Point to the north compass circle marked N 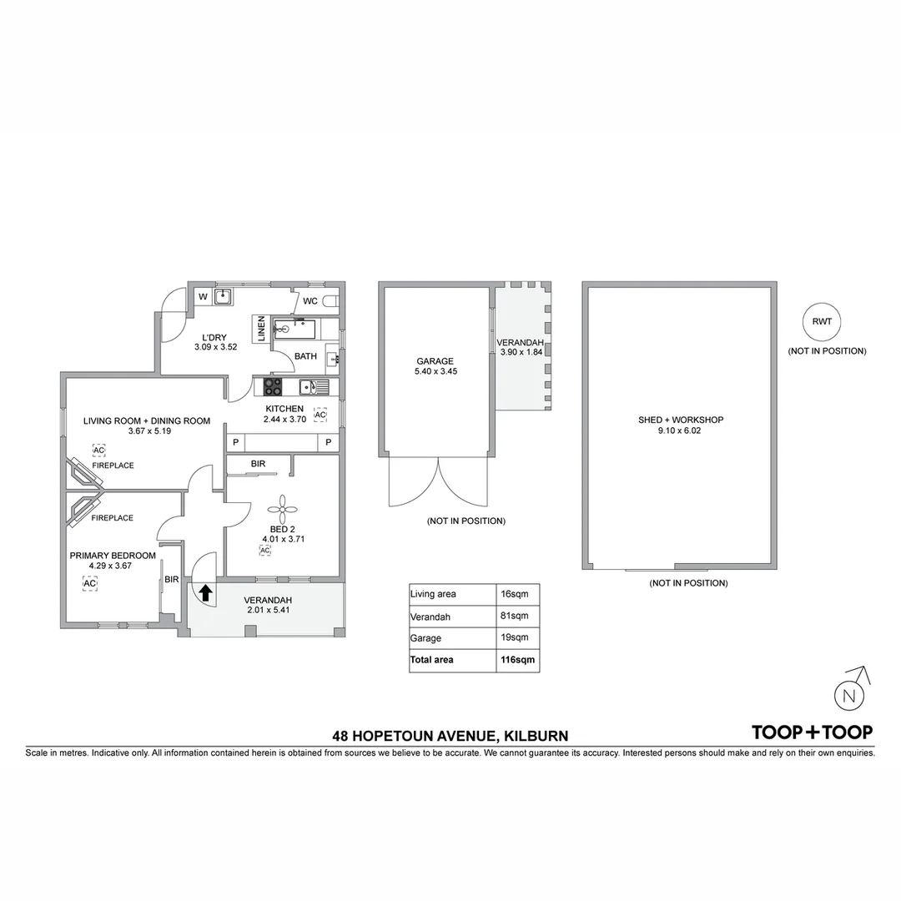849,696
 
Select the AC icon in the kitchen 320,415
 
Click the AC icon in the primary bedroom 89,583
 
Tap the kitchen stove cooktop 274,387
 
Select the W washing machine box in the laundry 203,297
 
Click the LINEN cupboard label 261,328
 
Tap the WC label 310,301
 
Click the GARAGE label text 435,361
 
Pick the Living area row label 433,594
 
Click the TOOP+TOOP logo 812,732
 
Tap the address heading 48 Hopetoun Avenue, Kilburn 450,736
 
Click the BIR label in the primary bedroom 172,580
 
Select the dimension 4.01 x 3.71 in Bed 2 282,539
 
